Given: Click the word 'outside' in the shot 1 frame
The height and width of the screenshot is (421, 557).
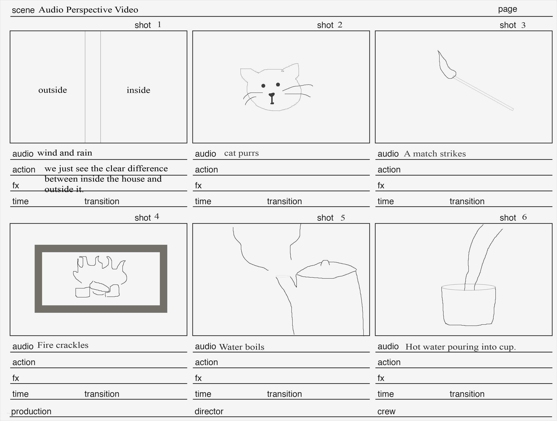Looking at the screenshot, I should tap(53, 90).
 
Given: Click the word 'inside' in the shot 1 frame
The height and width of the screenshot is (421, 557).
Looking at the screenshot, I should tap(138, 90).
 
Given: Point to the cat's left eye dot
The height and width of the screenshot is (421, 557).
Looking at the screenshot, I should tap(263, 86).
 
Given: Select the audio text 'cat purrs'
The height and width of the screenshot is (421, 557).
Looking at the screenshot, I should tap(241, 153).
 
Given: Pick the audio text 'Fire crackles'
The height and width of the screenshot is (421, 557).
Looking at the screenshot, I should tap(63, 345).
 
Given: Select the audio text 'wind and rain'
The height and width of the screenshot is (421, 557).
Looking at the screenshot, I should tap(65, 153).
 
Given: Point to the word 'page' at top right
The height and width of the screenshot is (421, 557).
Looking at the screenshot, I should tap(507, 9).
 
